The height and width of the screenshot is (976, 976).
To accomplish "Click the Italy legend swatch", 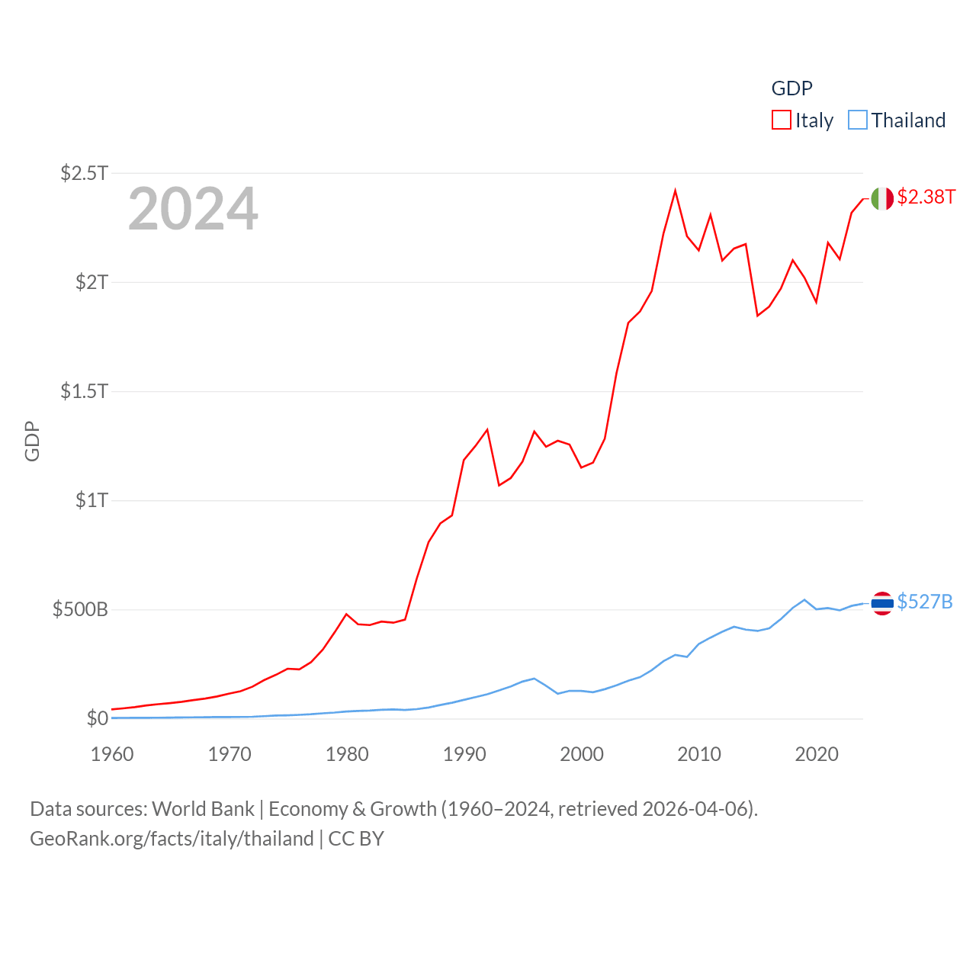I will coord(782,120).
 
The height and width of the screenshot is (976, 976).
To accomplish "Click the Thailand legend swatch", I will coord(858,120).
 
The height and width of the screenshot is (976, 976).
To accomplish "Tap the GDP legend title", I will coord(792,88).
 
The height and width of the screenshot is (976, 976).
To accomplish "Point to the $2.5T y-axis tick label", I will coord(85,173).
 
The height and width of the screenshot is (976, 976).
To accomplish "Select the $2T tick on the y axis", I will coord(92,282).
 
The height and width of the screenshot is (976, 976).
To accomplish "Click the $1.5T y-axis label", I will coord(85,391).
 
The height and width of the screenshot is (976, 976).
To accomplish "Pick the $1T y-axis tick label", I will coord(92,500).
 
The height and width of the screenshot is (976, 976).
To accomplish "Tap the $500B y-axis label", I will coord(80,609).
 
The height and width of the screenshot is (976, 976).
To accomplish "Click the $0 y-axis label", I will coord(98,718).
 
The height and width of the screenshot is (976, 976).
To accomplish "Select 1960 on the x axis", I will coord(112,754).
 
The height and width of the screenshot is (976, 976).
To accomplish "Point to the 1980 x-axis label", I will coord(347,754).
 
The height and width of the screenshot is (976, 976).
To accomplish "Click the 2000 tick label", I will coord(582,754).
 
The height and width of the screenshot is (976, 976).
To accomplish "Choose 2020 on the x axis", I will coord(817,754).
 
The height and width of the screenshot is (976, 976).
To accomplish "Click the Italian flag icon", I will coord(882,198).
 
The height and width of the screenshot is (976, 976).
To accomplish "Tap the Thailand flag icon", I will coord(882,603).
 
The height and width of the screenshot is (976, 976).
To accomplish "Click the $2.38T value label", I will coord(926,197).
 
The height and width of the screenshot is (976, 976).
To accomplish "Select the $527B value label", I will coord(925,602).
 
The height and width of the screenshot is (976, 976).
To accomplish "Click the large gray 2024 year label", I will coord(193,209).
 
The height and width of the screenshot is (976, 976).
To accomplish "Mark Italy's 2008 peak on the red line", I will coord(676,191).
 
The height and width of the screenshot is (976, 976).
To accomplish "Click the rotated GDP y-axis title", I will coord(32,441).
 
